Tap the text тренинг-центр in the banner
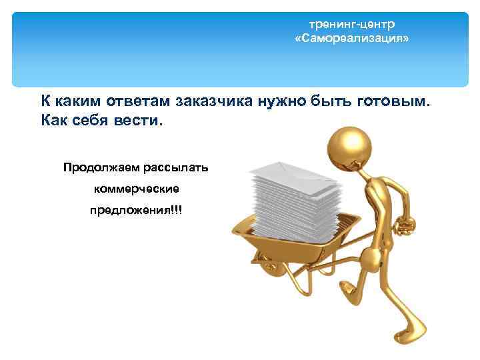(352, 25)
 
